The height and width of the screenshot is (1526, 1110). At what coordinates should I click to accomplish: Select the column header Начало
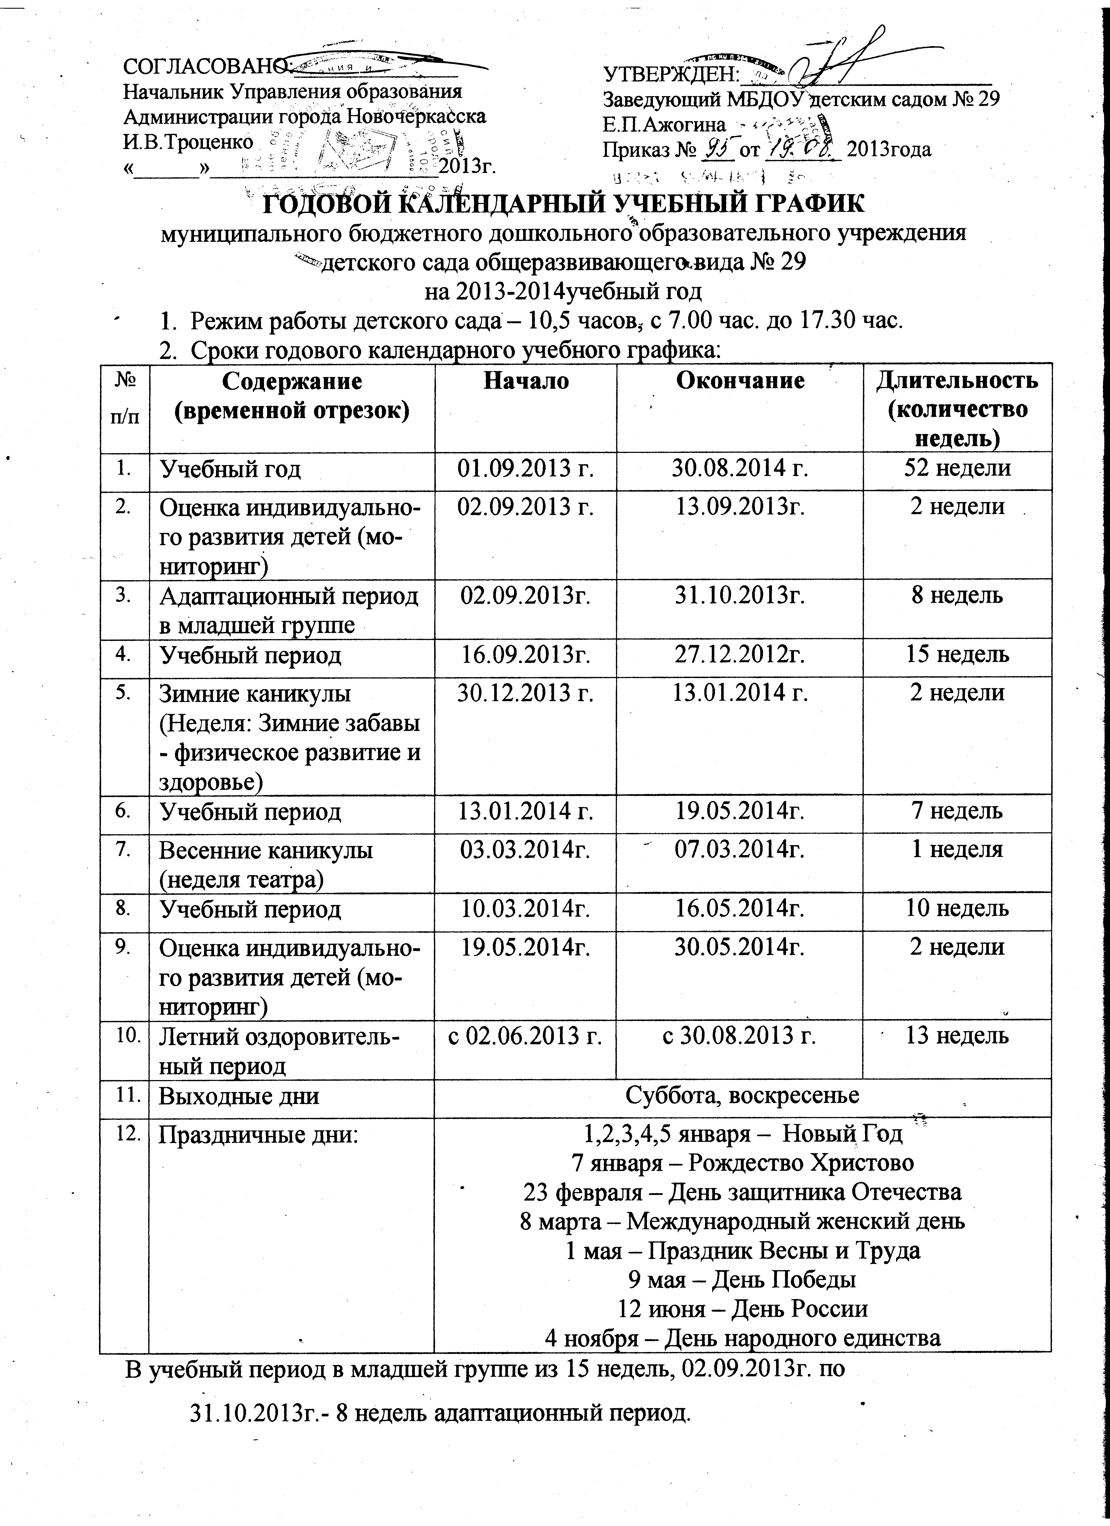click(x=525, y=381)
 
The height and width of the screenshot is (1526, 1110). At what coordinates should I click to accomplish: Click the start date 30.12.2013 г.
click(x=525, y=693)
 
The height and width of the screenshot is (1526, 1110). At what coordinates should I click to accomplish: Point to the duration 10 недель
click(x=957, y=909)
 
